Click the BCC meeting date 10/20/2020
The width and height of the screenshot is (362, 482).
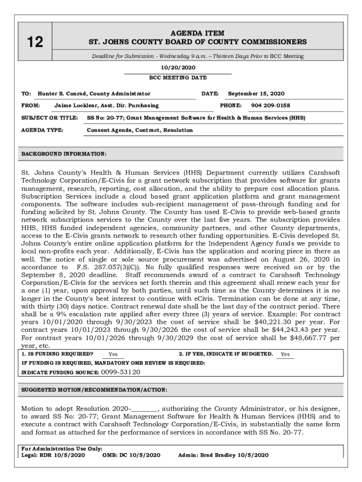coord(178,68)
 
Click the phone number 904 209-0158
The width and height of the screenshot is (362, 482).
coord(270,106)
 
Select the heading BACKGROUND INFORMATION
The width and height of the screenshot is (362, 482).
coord(64,154)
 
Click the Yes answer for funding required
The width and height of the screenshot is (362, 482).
coord(113,354)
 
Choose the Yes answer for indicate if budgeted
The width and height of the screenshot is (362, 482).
coord(285,354)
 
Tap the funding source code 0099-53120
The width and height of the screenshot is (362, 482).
coord(120,372)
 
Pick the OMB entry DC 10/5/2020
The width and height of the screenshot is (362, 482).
coord(139,455)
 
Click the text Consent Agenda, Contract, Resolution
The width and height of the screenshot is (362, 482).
coord(140,130)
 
